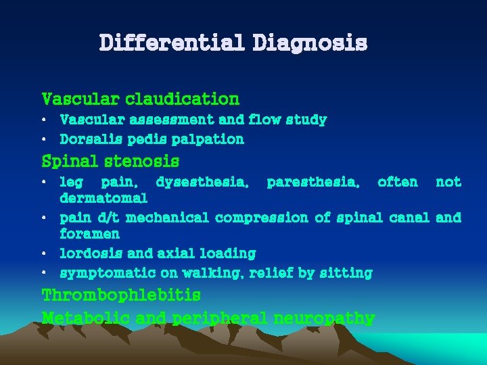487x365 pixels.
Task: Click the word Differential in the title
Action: click(172, 43)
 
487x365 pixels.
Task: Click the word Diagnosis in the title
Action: click(310, 43)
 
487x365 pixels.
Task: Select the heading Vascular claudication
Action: click(141, 99)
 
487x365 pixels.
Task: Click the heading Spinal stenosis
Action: click(110, 162)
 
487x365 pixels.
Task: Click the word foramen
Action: click(89, 234)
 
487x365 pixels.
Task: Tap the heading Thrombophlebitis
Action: click(121, 295)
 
